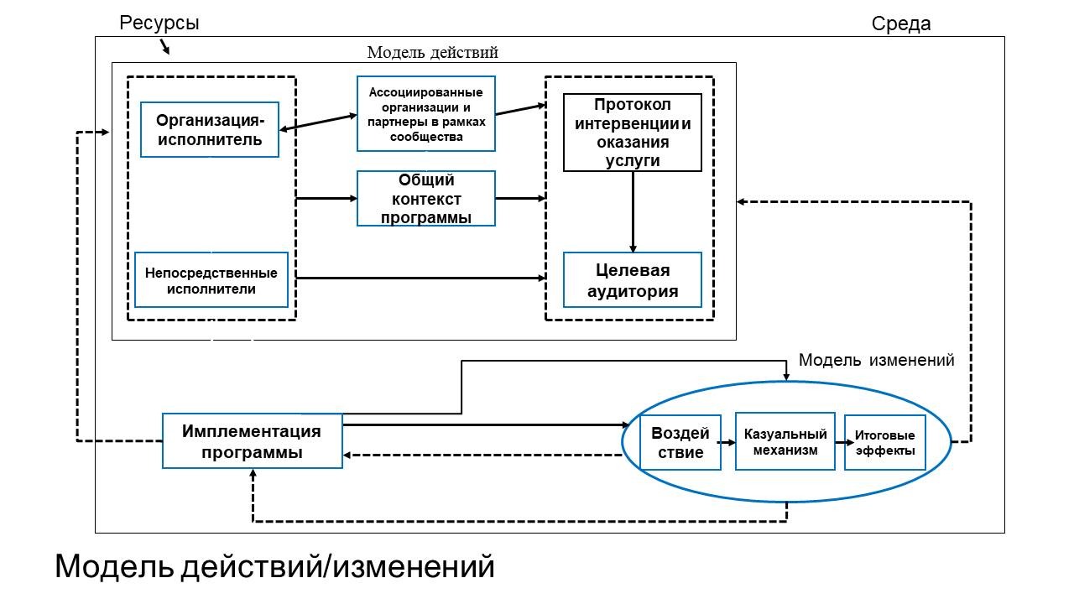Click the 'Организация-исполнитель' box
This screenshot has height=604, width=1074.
point(210,129)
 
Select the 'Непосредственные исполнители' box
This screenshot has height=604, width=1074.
point(211,280)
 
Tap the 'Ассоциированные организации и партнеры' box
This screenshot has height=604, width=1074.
point(426,113)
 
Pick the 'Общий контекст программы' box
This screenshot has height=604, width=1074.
point(426,199)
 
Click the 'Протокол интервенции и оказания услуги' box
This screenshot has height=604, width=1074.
point(633,133)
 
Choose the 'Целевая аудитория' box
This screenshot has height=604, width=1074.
point(633,280)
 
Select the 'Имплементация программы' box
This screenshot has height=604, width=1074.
point(253,441)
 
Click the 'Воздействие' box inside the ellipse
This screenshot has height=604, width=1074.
point(680,442)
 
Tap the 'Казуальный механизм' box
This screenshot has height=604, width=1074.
point(785,441)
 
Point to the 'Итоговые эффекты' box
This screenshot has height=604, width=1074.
point(885,442)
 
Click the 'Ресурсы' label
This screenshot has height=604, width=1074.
point(159,23)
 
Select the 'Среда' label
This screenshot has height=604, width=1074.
point(901,23)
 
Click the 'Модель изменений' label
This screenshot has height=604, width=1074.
point(877,360)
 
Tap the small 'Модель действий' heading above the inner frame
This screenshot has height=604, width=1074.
point(432,52)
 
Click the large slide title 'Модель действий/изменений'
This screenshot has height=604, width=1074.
point(274,566)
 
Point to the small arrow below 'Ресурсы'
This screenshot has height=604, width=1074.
point(164,46)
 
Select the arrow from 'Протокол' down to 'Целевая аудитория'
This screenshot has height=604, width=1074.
point(633,212)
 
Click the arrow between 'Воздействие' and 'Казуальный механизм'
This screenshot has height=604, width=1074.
point(727,442)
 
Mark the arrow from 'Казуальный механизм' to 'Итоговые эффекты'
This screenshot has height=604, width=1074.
point(844,442)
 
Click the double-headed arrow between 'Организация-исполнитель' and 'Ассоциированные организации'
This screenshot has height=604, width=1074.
point(318,122)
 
